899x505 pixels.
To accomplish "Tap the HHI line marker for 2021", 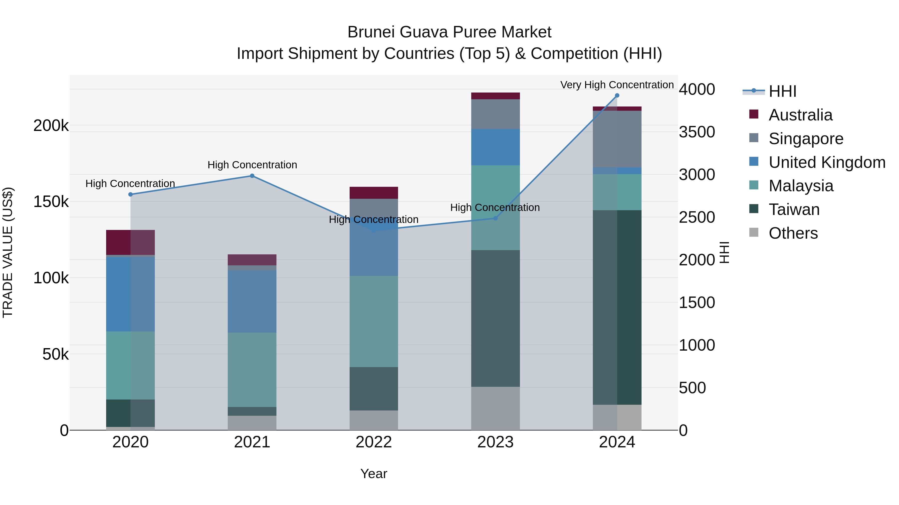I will coord(252,176).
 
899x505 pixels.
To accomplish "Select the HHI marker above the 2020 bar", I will coord(131,195).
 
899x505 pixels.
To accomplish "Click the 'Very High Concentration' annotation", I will coord(617,85).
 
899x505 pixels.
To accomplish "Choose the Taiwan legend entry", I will coord(794,209).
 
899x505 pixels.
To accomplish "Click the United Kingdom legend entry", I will coord(826,162).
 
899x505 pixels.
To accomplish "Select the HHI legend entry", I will coord(782,91).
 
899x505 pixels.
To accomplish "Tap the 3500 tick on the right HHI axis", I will coord(696,132).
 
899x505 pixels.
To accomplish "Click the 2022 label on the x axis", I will coord(373,442).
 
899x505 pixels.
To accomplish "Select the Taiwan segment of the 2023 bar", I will coord(495,318).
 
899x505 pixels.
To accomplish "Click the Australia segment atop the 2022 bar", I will coord(373,193).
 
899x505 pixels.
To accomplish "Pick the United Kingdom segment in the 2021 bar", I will coord(252,302).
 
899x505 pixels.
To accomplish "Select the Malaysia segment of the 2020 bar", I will coord(131,365).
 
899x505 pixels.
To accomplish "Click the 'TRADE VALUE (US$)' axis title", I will coord(8,253).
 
